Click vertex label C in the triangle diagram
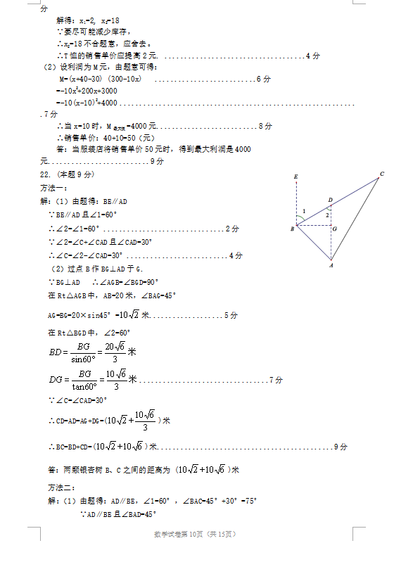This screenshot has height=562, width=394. [381, 174]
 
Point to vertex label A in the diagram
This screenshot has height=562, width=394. [331, 266]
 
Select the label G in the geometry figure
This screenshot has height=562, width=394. [334, 229]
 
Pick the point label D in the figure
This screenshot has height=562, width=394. [330, 200]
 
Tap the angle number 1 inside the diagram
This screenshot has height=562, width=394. [304, 211]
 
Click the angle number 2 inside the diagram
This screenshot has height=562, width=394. [326, 215]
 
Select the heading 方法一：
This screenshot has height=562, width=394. [53, 188]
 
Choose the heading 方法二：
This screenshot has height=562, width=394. [53, 487]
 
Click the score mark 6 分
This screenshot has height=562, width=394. [264, 79]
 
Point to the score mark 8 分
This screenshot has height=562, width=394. [265, 126]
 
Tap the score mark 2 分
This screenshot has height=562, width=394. [232, 229]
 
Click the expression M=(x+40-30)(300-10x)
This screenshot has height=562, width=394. [101, 79]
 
